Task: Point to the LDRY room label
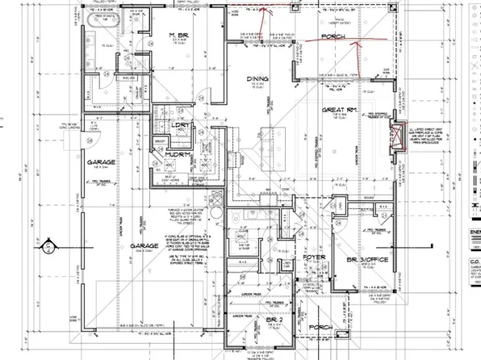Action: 180,126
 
